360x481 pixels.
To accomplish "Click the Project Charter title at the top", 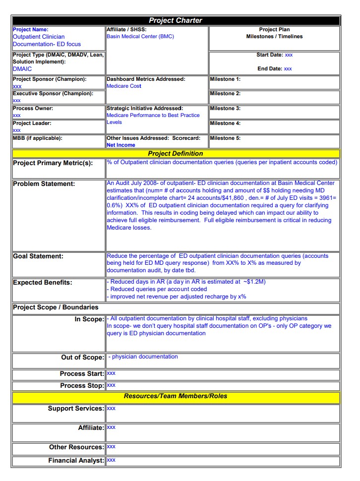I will pyautogui.click(x=176, y=20).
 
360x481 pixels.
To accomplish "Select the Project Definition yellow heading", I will pyautogui.click(x=176, y=154).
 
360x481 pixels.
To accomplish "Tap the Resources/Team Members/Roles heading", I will pyautogui.click(x=176, y=396).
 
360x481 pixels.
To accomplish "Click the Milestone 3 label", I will pyautogui.click(x=225, y=109).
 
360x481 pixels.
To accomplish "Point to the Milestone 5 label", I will pyautogui.click(x=225, y=138).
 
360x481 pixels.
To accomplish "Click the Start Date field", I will pyautogui.click(x=274, y=55).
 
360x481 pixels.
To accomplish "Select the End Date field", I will pyautogui.click(x=274, y=69).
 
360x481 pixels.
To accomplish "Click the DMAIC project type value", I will pyautogui.click(x=22, y=69).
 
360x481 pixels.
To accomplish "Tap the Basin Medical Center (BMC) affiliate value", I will pyautogui.click(x=140, y=37).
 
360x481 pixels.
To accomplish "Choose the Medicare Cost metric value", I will pyautogui.click(x=124, y=86).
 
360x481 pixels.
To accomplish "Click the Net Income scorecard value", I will pyautogui.click(x=121, y=145).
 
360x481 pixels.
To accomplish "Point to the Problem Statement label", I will pyautogui.click(x=44, y=184).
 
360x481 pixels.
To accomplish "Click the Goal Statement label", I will pyautogui.click(x=38, y=256).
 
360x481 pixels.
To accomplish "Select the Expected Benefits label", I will pyautogui.click(x=43, y=283).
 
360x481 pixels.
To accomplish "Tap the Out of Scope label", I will pyautogui.click(x=82, y=358).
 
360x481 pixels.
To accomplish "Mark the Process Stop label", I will pyautogui.click(x=82, y=386).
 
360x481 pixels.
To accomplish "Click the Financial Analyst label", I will pyautogui.click(x=76, y=461).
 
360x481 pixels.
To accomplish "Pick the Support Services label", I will pyautogui.click(x=76, y=409).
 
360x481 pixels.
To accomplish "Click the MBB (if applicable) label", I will pyautogui.click(x=38, y=138).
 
